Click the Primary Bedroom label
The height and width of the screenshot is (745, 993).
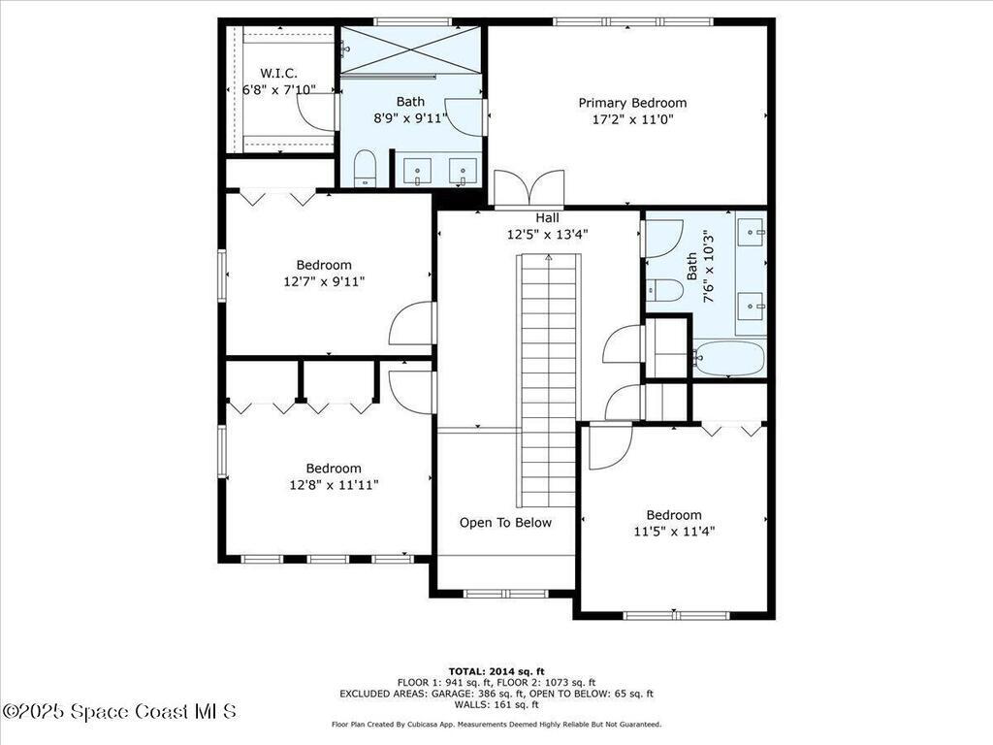pyautogui.click(x=632, y=103)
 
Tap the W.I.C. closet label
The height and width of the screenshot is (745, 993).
pyautogui.click(x=277, y=74)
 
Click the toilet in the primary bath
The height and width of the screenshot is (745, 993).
pyautogui.click(x=365, y=167)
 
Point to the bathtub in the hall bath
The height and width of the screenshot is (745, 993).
pyautogui.click(x=729, y=358)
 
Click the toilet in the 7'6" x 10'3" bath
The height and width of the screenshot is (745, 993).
pyautogui.click(x=666, y=289)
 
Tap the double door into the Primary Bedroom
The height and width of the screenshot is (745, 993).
pyautogui.click(x=529, y=188)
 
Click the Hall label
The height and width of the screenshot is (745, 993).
pyautogui.click(x=547, y=218)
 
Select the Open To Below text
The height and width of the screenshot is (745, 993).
pyautogui.click(x=505, y=523)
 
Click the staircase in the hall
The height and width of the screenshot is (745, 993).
pyautogui.click(x=549, y=378)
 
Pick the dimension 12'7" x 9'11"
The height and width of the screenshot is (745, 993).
pyautogui.click(x=324, y=281)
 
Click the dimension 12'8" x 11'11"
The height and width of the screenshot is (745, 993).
pyautogui.click(x=334, y=485)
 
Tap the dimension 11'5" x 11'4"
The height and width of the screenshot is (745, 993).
pyautogui.click(x=674, y=532)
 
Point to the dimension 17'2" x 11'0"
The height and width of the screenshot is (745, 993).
pyautogui.click(x=632, y=120)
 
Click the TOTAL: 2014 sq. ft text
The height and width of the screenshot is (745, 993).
pyautogui.click(x=496, y=671)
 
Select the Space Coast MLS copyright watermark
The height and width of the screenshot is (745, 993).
pyautogui.click(x=118, y=711)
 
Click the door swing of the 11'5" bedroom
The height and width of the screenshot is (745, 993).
pyautogui.click(x=609, y=446)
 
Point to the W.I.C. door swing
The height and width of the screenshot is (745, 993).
pyautogui.click(x=317, y=111)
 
